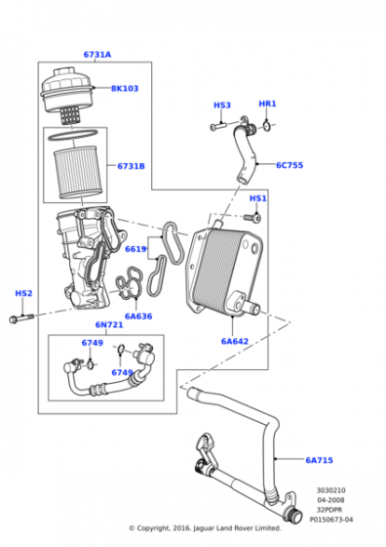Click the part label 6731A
(97, 55)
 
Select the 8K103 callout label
(125, 89)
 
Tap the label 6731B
(131, 166)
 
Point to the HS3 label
(222, 105)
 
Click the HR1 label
(267, 104)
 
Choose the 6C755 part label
(289, 165)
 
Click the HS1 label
(258, 198)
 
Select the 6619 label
(135, 249)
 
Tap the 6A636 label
(138, 316)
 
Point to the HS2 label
(23, 293)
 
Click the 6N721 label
(109, 324)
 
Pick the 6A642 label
(235, 342)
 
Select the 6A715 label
(319, 460)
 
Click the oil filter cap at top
(67, 92)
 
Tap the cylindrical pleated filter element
(77, 172)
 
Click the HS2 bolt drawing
(21, 318)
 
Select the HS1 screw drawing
(252, 218)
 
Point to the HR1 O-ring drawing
(267, 126)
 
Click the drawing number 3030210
(331, 490)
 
